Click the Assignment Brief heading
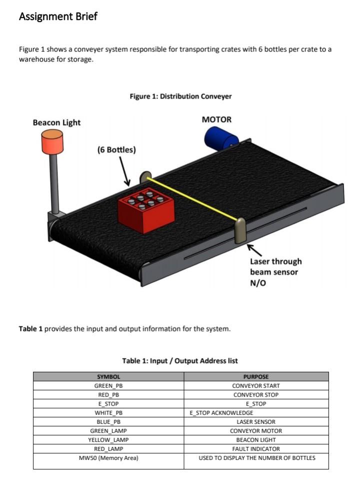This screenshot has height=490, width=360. [58, 17]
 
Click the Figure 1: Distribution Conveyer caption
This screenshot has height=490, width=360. [180, 96]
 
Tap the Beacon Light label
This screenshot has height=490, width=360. [56, 123]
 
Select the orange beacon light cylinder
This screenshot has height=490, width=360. [52, 142]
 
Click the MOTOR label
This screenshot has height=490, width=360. [216, 120]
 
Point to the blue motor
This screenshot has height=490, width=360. [220, 138]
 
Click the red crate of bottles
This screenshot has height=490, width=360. [146, 211]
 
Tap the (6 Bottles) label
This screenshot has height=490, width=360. [116, 150]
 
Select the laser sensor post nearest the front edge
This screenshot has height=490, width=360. [240, 230]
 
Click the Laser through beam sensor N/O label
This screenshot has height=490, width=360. [275, 272]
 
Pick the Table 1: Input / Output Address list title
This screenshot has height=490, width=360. [180, 360]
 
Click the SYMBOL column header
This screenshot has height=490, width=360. [108, 377]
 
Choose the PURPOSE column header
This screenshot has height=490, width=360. [256, 377]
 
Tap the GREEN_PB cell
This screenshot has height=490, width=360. [108, 386]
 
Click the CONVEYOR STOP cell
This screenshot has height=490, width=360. [256, 395]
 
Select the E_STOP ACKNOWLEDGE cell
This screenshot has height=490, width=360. [221, 413]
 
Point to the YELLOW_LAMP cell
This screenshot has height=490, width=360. [108, 440]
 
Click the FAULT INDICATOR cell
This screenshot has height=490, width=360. [256, 449]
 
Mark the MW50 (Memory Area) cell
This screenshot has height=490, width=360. [108, 458]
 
